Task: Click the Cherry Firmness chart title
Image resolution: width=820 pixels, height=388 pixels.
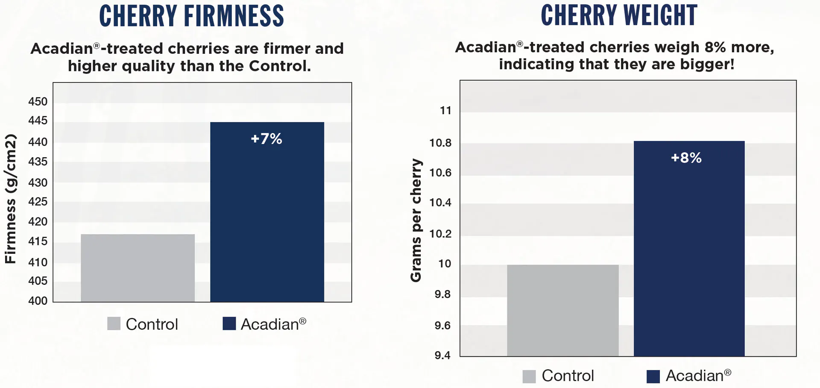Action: click(x=191, y=16)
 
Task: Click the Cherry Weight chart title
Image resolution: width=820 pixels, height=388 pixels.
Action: click(x=619, y=15)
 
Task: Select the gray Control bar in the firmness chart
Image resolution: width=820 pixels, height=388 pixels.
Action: click(x=138, y=268)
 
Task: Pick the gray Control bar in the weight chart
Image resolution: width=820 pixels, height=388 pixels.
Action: click(x=562, y=310)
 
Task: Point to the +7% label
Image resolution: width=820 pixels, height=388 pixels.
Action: click(x=266, y=139)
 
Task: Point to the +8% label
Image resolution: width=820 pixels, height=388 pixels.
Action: click(x=686, y=158)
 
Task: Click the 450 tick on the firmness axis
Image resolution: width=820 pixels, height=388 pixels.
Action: click(x=38, y=102)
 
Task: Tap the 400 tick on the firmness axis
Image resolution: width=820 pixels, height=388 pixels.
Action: click(x=38, y=301)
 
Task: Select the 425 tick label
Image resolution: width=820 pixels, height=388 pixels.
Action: click(x=38, y=202)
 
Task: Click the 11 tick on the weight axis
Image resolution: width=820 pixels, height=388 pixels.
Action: click(x=445, y=111)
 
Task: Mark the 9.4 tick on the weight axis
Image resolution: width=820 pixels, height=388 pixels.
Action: click(x=442, y=356)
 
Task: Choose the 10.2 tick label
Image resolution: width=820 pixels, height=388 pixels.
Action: click(x=440, y=234)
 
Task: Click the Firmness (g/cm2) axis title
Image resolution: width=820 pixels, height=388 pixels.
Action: click(x=10, y=199)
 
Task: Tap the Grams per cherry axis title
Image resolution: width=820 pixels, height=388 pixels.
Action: click(x=416, y=220)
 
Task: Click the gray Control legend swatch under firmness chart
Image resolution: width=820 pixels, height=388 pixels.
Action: click(x=114, y=323)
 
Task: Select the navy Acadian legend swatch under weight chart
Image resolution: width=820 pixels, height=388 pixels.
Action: click(x=653, y=376)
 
